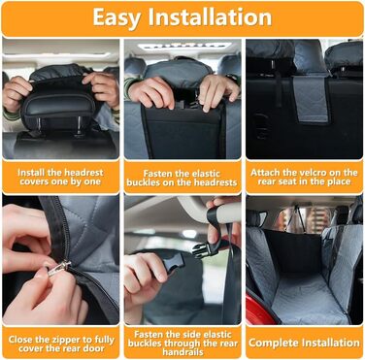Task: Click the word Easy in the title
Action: coord(116,17)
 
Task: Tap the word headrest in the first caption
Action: coord(83,172)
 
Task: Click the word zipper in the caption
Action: coord(66,340)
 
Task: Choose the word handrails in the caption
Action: coord(182,351)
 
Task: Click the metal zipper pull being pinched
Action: coord(58,268)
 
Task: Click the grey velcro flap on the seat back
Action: coord(311,100)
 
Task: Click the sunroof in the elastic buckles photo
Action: coord(184,46)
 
